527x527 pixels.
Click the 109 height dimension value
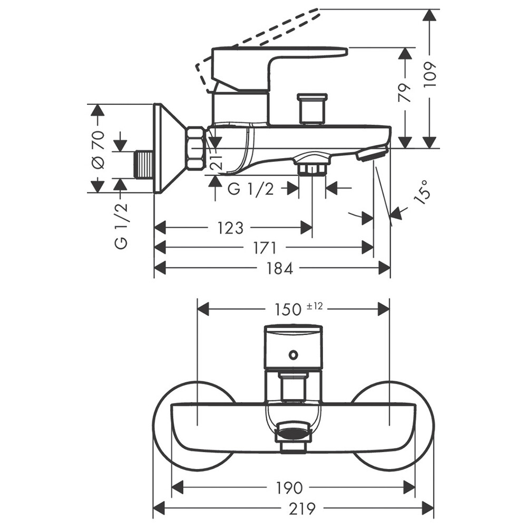[431, 75]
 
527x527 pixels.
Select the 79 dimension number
[405, 93]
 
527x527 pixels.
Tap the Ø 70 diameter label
[98, 149]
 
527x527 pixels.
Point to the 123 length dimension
[230, 228]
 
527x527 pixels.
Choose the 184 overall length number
[279, 268]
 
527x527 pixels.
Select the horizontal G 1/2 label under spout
[251, 189]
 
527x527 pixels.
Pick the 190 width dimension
[289, 487]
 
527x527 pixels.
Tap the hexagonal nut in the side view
[196, 149]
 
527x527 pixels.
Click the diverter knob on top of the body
[313, 109]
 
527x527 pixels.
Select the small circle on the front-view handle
[293, 355]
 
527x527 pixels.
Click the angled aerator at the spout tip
[373, 154]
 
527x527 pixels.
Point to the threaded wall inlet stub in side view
[143, 164]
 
